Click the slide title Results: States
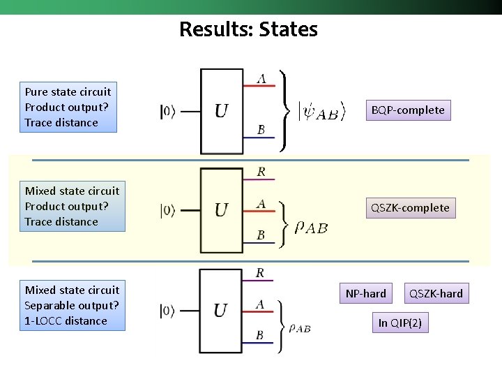click(x=248, y=29)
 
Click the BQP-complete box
click(x=408, y=110)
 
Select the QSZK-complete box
click(x=410, y=207)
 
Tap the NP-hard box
click(x=365, y=293)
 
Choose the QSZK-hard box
click(x=436, y=293)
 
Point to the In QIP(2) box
click(x=400, y=323)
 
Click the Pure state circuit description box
click(x=68, y=107)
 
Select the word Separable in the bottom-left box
click(x=49, y=305)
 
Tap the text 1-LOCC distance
click(x=66, y=320)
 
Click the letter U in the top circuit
click(x=221, y=111)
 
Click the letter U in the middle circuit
click(x=221, y=210)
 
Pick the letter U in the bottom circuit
click(x=221, y=311)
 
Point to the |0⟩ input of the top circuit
click(x=168, y=111)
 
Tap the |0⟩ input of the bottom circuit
click(x=168, y=311)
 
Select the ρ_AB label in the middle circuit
click(x=311, y=227)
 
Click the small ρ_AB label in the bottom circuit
click(x=299, y=327)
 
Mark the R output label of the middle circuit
click(x=261, y=172)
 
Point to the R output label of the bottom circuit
click(x=260, y=272)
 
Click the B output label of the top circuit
click(x=261, y=130)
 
